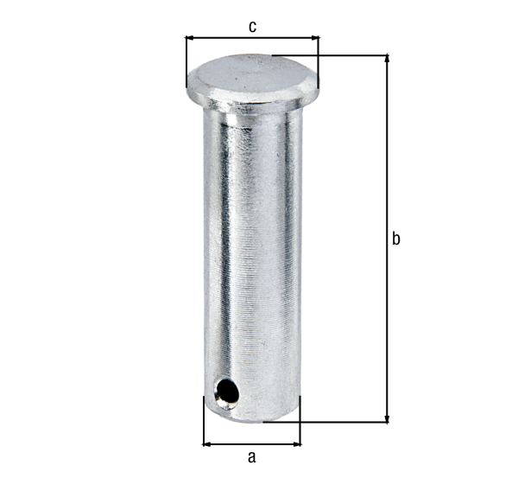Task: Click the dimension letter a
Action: click(252, 456)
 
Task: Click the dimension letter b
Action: click(395, 239)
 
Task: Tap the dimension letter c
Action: click(252, 27)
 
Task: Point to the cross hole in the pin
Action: click(226, 393)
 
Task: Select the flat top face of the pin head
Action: click(251, 73)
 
